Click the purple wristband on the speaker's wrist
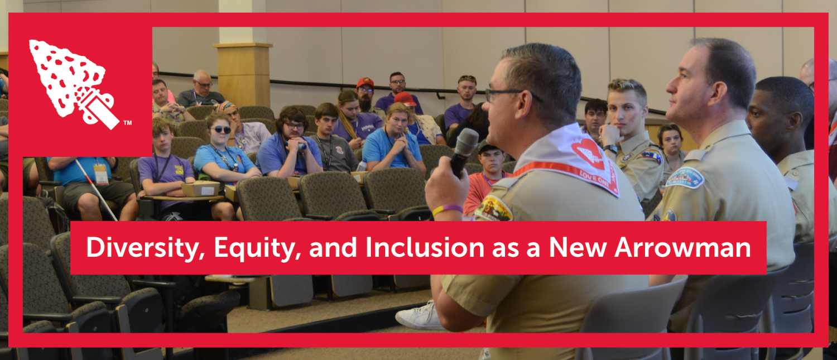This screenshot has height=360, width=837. (447, 210)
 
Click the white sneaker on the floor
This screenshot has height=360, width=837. (420, 316)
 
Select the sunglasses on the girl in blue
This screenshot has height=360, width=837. (221, 129)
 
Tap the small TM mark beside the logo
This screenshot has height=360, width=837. (127, 122)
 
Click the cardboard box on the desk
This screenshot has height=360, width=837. (199, 189)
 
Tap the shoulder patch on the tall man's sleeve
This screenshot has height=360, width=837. (685, 177)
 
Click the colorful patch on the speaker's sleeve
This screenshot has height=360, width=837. (493, 208)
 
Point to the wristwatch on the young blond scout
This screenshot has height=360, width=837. (610, 148)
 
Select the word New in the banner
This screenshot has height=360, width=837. (579, 247)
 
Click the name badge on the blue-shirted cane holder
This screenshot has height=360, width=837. (101, 174)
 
